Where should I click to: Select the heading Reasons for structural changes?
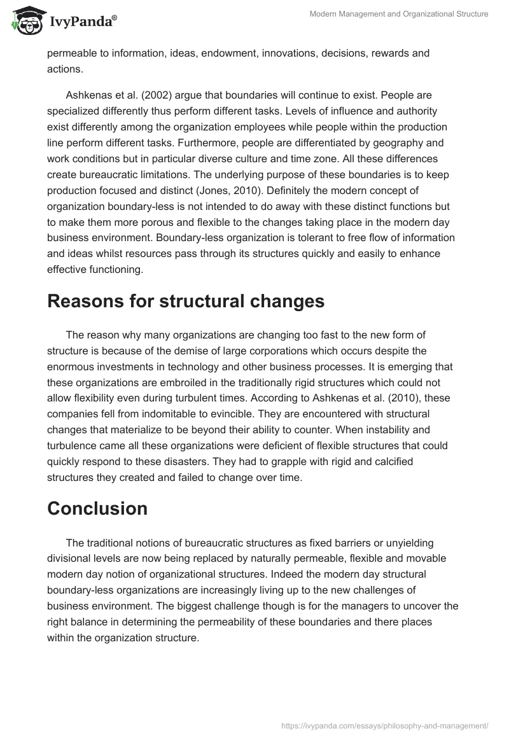tap(186, 301)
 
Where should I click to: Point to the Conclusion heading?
tap(97, 508)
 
